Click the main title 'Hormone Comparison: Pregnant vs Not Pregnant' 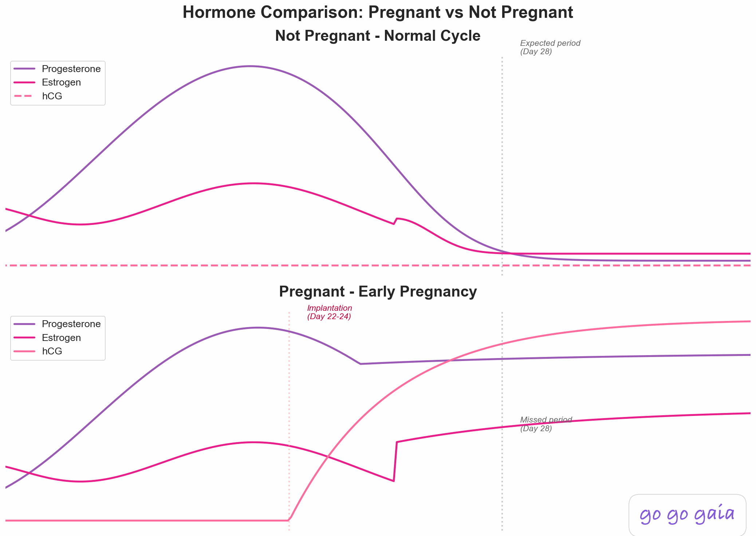tap(378, 12)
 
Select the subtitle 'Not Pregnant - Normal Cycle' tap(378, 36)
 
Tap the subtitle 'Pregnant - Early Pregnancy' tap(378, 292)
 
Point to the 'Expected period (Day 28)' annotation tap(550, 47)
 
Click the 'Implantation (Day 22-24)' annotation tap(329, 312)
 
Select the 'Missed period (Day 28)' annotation tap(546, 424)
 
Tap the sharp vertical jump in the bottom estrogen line tap(395, 461)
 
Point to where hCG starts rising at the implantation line tap(290, 519)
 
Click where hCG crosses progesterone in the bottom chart tap(450, 361)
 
